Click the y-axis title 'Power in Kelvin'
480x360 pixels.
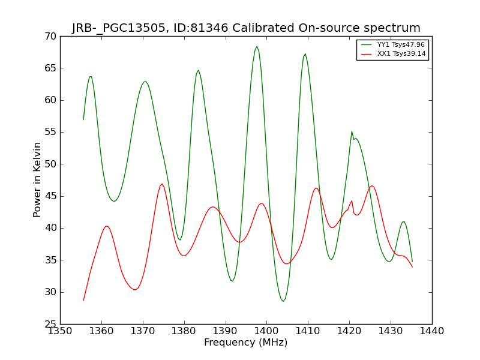(37, 180)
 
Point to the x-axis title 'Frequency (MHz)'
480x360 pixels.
(246, 342)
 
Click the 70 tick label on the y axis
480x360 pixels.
(50, 37)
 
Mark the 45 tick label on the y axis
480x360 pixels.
(50, 196)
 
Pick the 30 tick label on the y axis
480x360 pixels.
(50, 292)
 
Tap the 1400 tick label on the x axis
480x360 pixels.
(266, 331)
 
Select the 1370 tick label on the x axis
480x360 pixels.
(143, 331)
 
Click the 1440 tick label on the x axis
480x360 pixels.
(432, 331)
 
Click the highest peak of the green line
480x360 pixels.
(257, 47)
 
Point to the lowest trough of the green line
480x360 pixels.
(283, 301)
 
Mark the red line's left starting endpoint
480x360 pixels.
(83, 301)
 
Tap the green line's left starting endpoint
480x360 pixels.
(83, 119)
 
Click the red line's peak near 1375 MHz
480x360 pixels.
(162, 184)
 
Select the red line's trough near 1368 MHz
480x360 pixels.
(135, 290)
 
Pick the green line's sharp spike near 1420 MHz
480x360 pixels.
(352, 131)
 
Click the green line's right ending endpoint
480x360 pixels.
(412, 262)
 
